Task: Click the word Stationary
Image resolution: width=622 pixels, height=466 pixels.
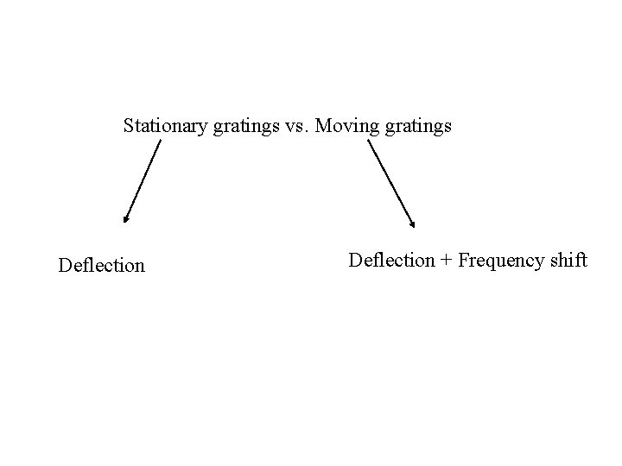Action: tap(162, 127)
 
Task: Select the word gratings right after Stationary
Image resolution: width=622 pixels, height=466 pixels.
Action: tap(233, 128)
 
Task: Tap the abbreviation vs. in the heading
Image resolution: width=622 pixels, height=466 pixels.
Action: tap(282, 127)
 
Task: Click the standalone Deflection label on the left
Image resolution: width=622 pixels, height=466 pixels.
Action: tap(101, 265)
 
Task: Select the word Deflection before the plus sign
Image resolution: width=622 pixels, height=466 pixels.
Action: tap(391, 260)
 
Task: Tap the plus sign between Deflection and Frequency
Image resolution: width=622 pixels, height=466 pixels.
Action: tap(446, 261)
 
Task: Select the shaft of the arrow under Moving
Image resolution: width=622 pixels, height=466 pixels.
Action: tap(390, 182)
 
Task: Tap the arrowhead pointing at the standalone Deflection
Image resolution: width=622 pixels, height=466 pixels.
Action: tap(126, 218)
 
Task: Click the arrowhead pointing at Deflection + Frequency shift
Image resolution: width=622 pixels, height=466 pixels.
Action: tap(412, 223)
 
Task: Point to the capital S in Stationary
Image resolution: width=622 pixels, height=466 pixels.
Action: tap(129, 126)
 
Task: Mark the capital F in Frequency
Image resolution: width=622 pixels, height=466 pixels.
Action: tap(463, 260)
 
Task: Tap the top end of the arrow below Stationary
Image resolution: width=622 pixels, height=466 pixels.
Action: tap(161, 142)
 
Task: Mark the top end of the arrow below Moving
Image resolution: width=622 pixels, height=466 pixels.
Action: tap(369, 142)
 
